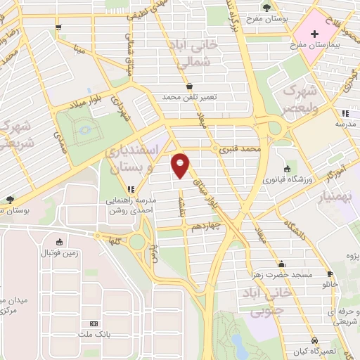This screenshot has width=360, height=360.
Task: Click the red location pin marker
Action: click(x=181, y=165)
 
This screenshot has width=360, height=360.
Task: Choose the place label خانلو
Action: click(x=330, y=285)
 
